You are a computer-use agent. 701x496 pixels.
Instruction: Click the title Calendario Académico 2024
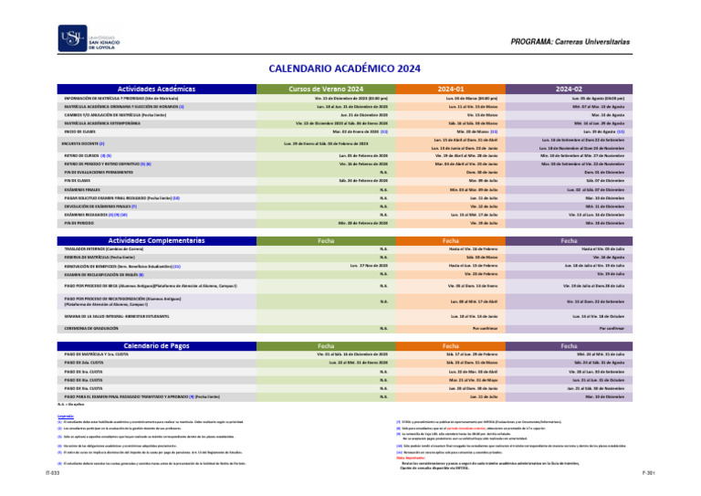(x=344, y=69)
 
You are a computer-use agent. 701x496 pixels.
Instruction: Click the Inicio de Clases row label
(x=80, y=132)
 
